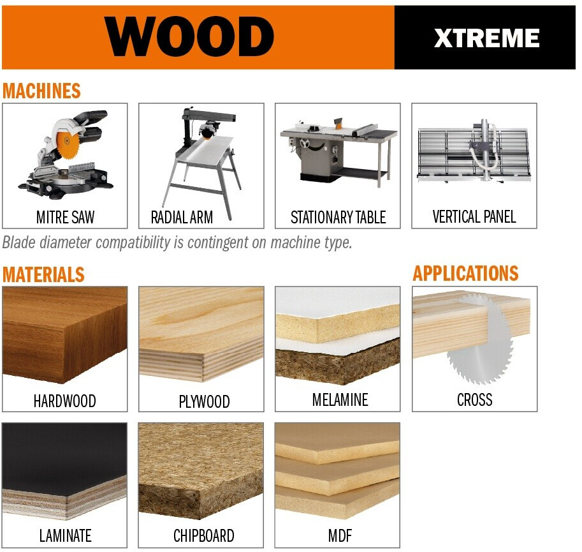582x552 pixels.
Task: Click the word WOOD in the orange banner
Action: point(189,37)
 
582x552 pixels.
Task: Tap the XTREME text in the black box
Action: point(486,38)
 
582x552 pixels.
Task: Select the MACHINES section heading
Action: point(41,91)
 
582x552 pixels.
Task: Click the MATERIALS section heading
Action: point(43,274)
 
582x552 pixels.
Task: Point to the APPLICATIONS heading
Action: point(465,273)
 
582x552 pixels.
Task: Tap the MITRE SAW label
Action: point(65,218)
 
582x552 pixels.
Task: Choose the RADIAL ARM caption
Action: point(182,218)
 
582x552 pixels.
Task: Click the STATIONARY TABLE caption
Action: point(338,218)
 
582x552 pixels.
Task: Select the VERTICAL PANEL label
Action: point(474,216)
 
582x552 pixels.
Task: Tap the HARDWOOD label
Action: point(64,401)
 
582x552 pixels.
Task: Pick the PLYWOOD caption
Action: point(204,401)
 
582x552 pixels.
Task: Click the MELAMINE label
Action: point(340,399)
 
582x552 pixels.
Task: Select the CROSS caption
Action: point(475,399)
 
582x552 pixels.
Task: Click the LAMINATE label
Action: point(65,535)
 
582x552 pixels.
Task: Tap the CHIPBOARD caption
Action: point(204,535)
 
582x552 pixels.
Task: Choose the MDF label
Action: point(340,535)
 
